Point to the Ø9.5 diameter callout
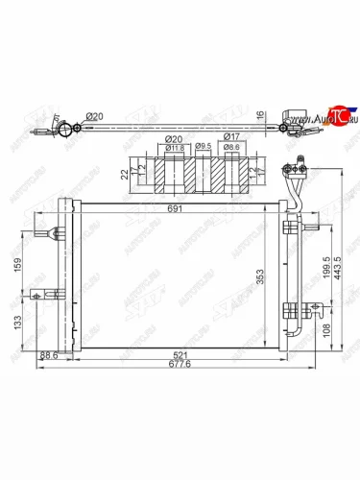tap(203, 148)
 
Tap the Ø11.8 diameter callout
tap(175, 148)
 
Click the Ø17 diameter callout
tap(231, 137)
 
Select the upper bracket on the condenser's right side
tap(291, 228)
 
